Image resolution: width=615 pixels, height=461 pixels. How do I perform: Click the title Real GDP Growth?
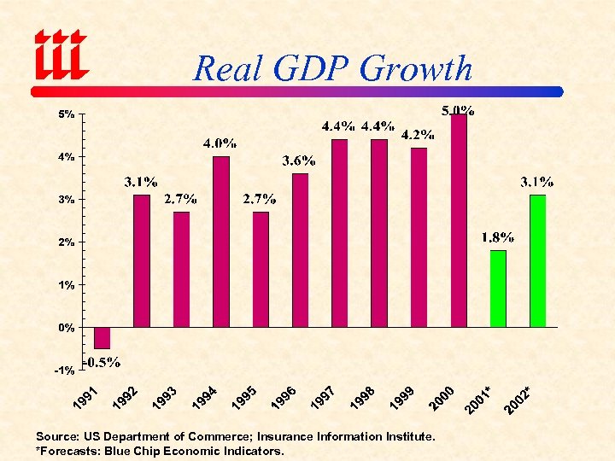332,68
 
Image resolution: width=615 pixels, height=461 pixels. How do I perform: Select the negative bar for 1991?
102,337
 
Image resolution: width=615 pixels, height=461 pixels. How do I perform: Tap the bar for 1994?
221,242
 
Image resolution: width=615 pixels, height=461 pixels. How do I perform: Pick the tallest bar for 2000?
459,220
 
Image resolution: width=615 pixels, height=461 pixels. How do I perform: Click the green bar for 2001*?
498,289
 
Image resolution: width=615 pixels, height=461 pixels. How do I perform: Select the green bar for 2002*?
537,261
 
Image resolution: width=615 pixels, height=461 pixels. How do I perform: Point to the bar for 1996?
300,250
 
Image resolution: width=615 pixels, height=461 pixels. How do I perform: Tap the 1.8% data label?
497,236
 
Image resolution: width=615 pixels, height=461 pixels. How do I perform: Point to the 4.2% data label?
418,134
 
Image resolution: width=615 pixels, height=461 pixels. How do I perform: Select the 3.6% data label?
299,160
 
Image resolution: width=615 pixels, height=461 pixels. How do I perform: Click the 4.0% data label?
220,143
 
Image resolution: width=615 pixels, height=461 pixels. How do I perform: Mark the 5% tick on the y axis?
66,114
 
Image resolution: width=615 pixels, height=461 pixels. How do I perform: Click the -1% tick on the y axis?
64,371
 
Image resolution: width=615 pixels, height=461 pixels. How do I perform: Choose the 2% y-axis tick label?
66,242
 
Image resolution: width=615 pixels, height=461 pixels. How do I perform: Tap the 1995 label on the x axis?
245,397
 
